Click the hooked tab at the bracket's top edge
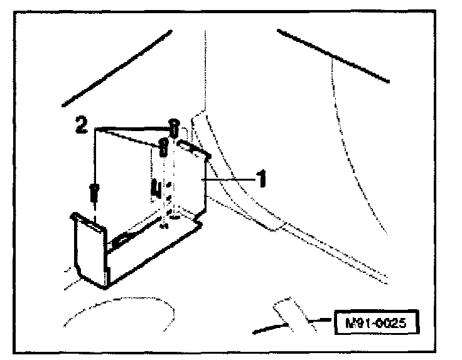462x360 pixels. [193, 147]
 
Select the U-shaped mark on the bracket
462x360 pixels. [154, 188]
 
